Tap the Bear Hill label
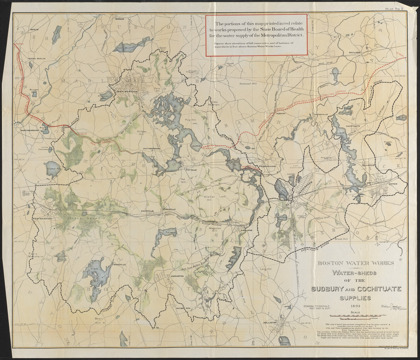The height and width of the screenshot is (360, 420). [98, 320]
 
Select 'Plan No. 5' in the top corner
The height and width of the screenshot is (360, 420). [395, 8]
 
